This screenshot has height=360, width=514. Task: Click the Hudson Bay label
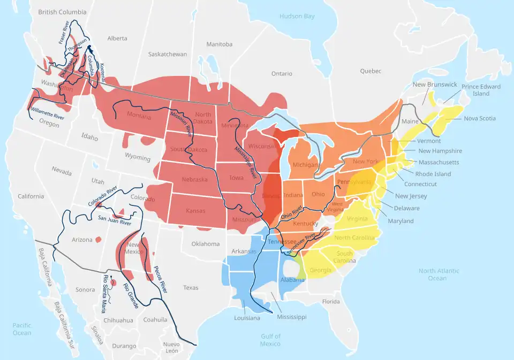point(297,16)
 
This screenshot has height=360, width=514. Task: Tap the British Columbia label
point(63,12)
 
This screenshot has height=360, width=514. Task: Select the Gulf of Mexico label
point(271,340)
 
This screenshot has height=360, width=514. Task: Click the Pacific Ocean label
point(22,329)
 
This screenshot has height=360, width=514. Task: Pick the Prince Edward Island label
point(481,90)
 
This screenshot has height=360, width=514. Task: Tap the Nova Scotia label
point(480,118)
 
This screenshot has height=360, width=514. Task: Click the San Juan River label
point(115,219)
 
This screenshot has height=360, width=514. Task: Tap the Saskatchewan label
point(168,54)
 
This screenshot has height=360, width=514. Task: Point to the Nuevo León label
point(171,347)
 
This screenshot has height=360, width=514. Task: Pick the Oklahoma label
point(206,244)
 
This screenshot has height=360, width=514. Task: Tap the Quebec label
point(371,71)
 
